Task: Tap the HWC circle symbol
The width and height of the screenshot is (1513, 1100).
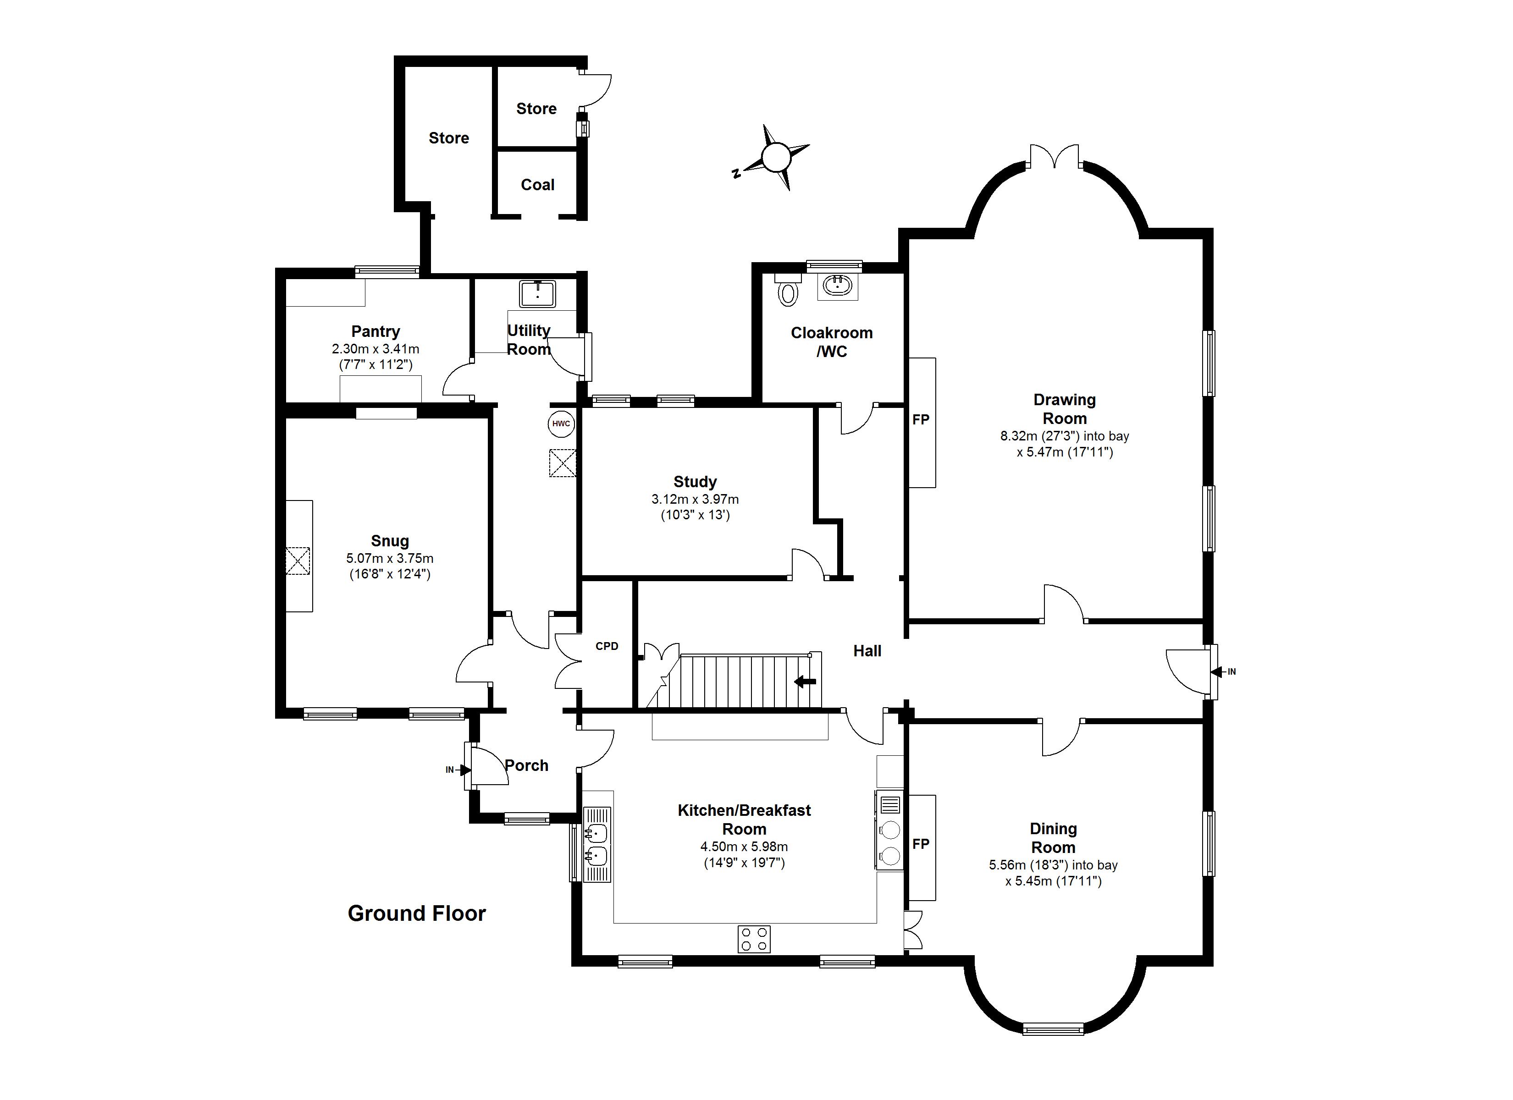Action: (561, 423)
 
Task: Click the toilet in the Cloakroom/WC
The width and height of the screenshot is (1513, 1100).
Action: (788, 292)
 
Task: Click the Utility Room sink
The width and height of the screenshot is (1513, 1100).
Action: (537, 293)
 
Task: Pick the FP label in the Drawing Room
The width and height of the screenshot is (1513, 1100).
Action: (921, 419)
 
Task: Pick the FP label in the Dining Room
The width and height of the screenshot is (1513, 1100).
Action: (921, 844)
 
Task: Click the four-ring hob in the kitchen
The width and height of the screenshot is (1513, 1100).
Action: (754, 939)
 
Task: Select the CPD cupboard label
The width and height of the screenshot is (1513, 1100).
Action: (607, 646)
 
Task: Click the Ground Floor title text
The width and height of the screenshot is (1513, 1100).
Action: (416, 913)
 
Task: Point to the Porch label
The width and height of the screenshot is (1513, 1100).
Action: (526, 765)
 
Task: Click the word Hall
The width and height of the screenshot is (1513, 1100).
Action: (867, 651)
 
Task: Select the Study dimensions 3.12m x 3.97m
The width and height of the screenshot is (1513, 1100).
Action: (695, 499)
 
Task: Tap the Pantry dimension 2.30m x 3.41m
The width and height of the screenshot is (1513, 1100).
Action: (375, 348)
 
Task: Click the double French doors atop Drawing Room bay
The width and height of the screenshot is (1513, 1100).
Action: (1054, 157)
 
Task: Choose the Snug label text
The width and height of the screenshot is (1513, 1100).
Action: (390, 541)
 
